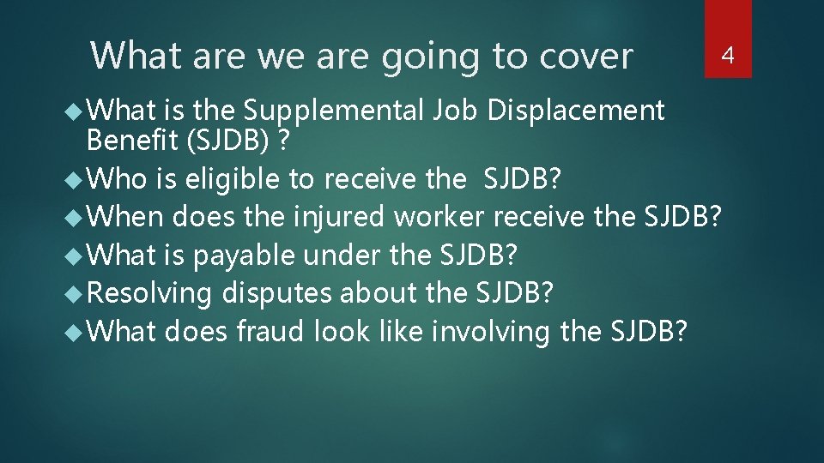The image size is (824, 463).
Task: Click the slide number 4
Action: (728, 57)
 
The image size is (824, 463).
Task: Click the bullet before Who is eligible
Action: (76, 178)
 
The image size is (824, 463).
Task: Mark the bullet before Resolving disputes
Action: (76, 292)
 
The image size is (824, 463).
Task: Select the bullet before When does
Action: (76, 217)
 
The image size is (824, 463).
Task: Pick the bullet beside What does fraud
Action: (76, 330)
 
